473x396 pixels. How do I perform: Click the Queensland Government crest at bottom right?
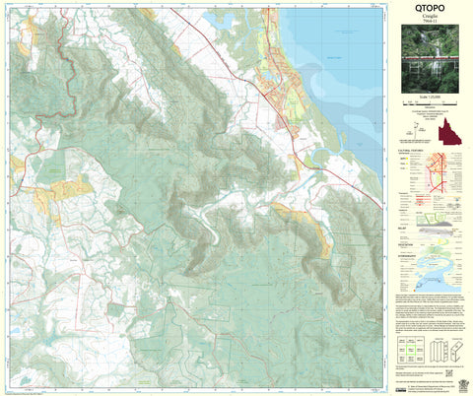click(x=455, y=378)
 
